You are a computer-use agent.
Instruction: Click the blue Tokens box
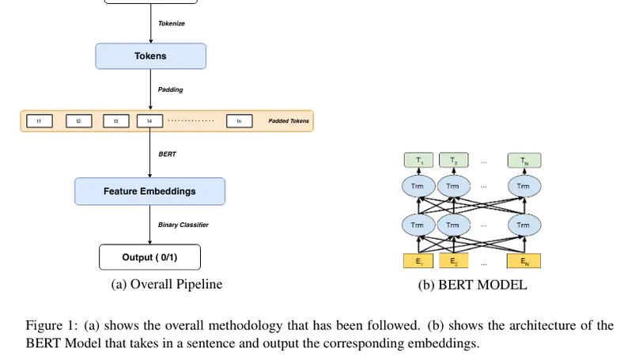click(x=150, y=56)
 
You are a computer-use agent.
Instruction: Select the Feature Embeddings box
click(x=149, y=191)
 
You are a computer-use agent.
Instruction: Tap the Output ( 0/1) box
click(x=149, y=257)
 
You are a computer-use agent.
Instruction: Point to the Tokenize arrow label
click(x=172, y=23)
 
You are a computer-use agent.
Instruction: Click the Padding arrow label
click(x=170, y=89)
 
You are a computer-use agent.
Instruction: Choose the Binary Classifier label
click(x=183, y=225)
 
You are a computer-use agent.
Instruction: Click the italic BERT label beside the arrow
click(x=167, y=154)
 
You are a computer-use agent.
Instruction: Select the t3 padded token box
click(x=115, y=121)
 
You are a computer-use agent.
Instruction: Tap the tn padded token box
click(x=239, y=121)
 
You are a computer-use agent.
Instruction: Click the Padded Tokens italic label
click(x=289, y=121)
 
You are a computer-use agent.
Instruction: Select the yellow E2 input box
click(x=454, y=260)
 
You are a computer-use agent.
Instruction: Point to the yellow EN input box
click(x=523, y=260)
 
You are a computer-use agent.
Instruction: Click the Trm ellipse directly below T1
click(x=418, y=187)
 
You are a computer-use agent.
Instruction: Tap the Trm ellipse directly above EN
click(x=523, y=225)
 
